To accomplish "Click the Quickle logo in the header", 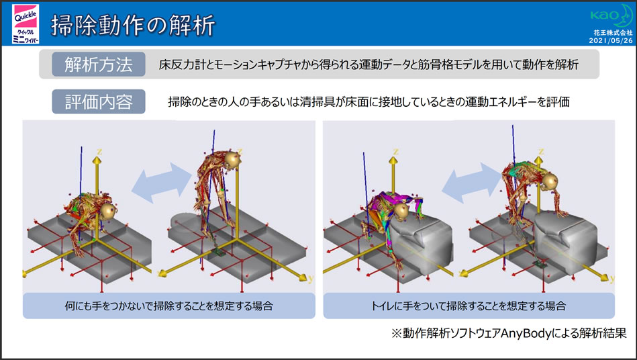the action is point(26,24).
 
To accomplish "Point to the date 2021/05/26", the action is point(611,40).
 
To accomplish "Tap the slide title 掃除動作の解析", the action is point(133,26).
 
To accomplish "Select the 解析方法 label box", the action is point(99,64).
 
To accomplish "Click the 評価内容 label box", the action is point(99,101).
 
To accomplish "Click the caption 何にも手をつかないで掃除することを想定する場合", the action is point(169,306).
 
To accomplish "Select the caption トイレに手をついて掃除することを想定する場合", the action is point(469,306).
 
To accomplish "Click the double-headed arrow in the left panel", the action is point(162,183).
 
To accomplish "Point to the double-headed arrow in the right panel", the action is point(472,183).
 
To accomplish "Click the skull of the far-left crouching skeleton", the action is point(109,211).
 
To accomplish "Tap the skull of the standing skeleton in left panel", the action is point(233,160).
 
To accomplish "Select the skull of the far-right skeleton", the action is point(550,181).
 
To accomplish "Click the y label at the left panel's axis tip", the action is point(311,279).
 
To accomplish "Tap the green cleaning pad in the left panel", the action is point(219,253).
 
